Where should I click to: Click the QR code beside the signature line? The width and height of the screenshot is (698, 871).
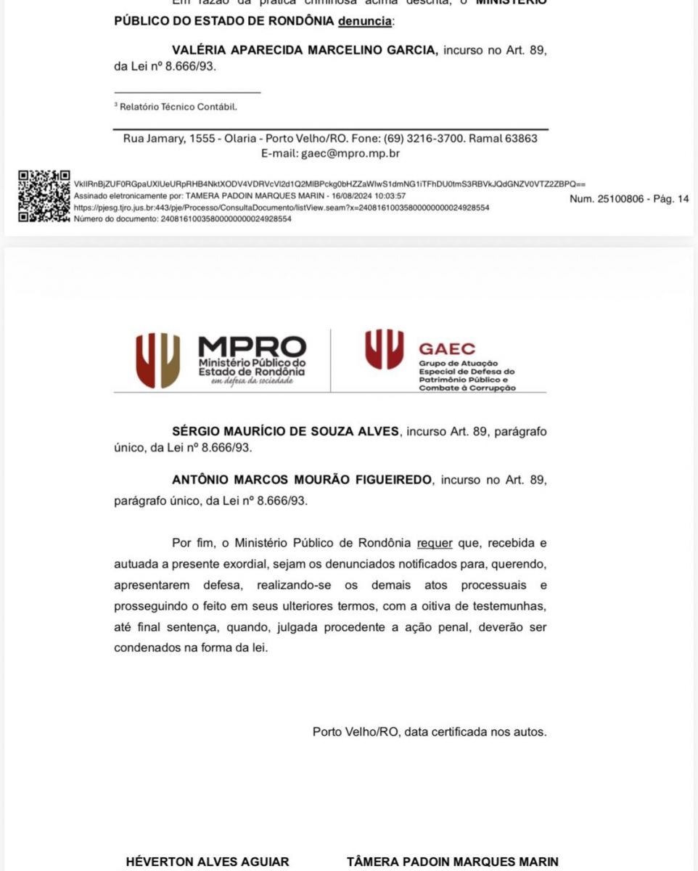tap(44, 196)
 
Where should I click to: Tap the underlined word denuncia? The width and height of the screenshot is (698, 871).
tap(365, 22)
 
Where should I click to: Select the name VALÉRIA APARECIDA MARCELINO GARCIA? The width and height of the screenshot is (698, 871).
tap(305, 50)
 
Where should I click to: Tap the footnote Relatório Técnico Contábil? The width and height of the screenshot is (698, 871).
tap(178, 107)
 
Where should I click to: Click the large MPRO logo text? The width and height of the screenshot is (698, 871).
tap(252, 346)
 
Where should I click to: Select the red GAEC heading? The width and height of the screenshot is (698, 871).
tap(447, 349)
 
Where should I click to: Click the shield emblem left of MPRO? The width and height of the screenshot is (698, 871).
tap(157, 360)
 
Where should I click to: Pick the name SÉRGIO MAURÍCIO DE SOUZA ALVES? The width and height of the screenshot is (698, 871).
tap(285, 431)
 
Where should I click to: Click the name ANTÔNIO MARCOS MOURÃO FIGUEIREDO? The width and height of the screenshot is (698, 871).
tap(302, 480)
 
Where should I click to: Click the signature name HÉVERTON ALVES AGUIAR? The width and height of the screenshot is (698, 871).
tap(208, 862)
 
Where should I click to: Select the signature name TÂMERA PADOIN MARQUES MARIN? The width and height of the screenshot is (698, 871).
tap(453, 862)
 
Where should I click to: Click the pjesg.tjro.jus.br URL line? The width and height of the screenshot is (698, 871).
tap(282, 208)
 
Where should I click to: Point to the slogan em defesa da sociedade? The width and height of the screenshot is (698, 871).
tap(252, 380)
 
